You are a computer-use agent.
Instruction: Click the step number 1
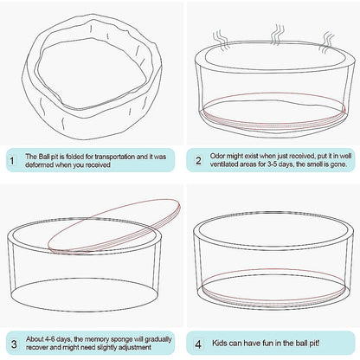click(x=12, y=161)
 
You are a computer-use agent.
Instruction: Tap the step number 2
click(x=198, y=160)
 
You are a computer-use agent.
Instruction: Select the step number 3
click(x=14, y=344)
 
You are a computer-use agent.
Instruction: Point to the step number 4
click(x=198, y=344)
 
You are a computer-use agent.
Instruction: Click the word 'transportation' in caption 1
click(x=115, y=157)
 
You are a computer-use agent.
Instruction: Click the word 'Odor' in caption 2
click(x=217, y=156)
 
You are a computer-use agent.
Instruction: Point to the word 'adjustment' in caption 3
click(x=136, y=347)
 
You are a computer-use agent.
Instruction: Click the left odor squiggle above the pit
click(x=221, y=41)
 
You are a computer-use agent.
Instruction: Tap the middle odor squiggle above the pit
click(x=277, y=34)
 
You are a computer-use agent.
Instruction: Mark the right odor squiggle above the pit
click(x=327, y=42)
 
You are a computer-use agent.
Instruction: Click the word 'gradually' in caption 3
click(x=158, y=339)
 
